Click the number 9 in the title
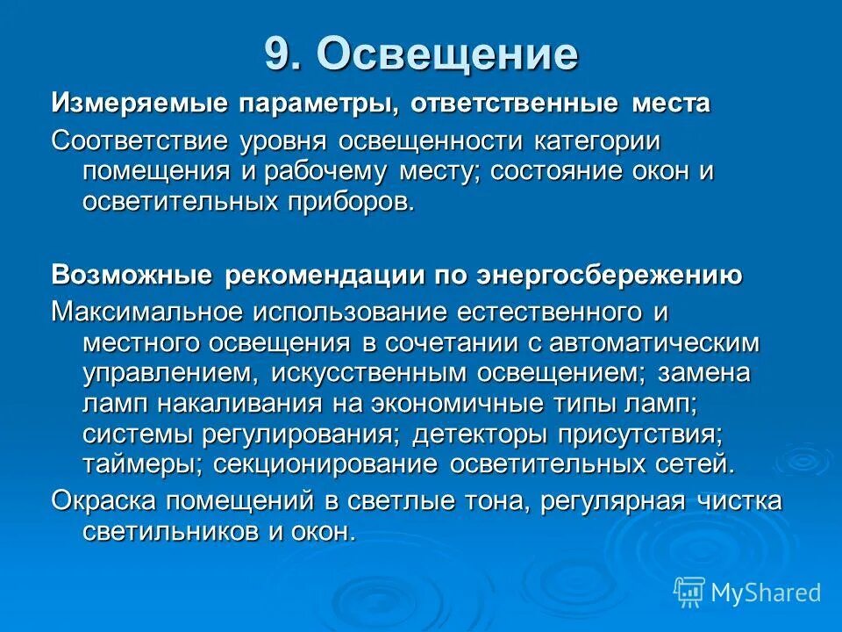tap(279, 54)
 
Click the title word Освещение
tap(447, 54)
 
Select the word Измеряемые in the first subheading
tap(135, 104)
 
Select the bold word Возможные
tap(132, 275)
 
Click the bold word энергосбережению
tap(609, 275)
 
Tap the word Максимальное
tap(147, 312)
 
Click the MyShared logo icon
tap(689, 591)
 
